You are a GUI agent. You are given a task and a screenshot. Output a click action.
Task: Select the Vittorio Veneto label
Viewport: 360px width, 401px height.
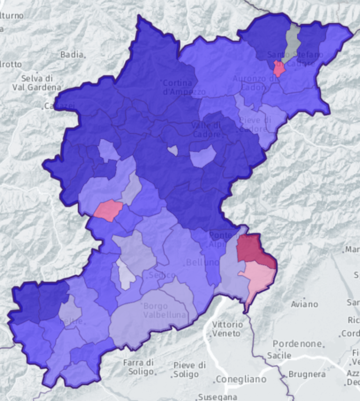[x=228, y=329]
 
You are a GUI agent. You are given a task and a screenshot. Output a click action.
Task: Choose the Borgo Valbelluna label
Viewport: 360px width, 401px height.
[x=164, y=310]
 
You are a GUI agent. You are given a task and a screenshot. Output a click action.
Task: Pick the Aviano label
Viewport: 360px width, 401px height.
[x=304, y=304]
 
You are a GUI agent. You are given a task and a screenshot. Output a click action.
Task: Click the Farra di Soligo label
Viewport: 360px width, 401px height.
[x=139, y=367]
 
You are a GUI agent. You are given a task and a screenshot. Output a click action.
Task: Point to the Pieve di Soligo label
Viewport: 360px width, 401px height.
[x=189, y=369]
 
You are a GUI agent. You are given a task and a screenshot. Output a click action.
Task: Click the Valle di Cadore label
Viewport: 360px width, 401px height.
[x=206, y=129]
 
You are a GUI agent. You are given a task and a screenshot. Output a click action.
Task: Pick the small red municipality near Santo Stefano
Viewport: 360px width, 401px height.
[x=279, y=69]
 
